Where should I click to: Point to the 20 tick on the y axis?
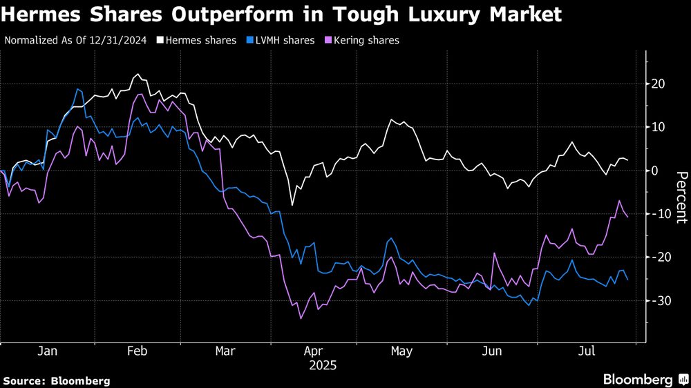click(x=659, y=84)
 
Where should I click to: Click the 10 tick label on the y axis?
click(x=659, y=128)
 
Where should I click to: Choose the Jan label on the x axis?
click(x=47, y=351)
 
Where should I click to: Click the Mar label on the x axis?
click(x=225, y=351)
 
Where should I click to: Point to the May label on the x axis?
click(x=401, y=351)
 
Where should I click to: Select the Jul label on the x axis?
click(x=587, y=351)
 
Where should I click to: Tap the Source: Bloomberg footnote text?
click(x=57, y=380)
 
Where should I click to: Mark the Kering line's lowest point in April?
click(x=301, y=318)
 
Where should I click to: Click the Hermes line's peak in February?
click(x=137, y=75)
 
